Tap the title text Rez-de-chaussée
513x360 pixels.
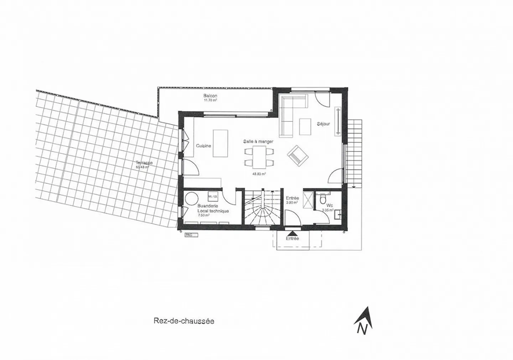tap(184, 321)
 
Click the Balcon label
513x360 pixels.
tap(210, 96)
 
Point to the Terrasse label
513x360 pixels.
tap(144, 163)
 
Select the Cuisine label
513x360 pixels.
tap(203, 146)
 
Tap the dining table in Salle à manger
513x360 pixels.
tap(259, 157)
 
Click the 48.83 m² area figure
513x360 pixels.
tap(259, 174)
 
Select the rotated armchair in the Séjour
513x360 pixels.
tap(298, 156)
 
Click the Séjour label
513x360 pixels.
tap(323, 124)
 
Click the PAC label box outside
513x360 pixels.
tap(191, 235)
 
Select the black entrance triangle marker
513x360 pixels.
tap(292, 232)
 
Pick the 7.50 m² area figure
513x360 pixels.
tap(204, 215)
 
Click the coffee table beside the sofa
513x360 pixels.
tap(305, 126)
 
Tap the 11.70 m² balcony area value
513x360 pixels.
tap(210, 100)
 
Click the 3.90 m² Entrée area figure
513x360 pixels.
tap(292, 203)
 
